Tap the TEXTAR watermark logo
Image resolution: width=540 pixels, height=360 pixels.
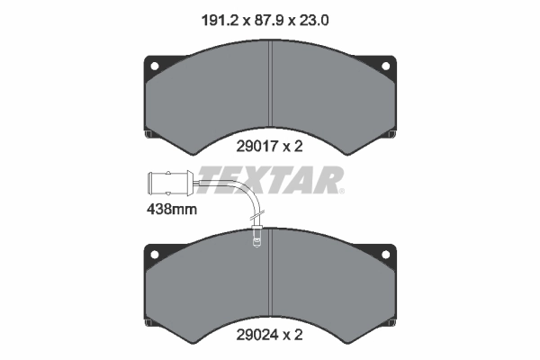(269, 180)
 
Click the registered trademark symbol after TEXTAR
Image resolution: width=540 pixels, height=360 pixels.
(342, 191)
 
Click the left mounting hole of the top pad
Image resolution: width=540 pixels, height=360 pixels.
(153, 66)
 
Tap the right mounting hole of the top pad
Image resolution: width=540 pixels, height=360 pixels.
(388, 66)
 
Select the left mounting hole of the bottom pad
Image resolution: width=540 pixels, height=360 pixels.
(153, 257)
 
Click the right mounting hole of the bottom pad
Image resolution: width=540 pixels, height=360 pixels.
(388, 257)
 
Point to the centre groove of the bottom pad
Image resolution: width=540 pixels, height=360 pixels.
(271, 279)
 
